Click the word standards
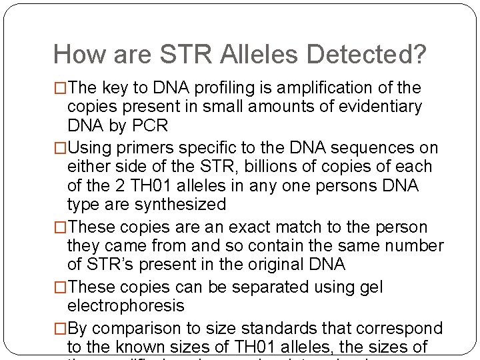pyautogui.click(x=283, y=329)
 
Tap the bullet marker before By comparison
pyautogui.click(x=60, y=329)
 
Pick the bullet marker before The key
pyautogui.click(x=60, y=88)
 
